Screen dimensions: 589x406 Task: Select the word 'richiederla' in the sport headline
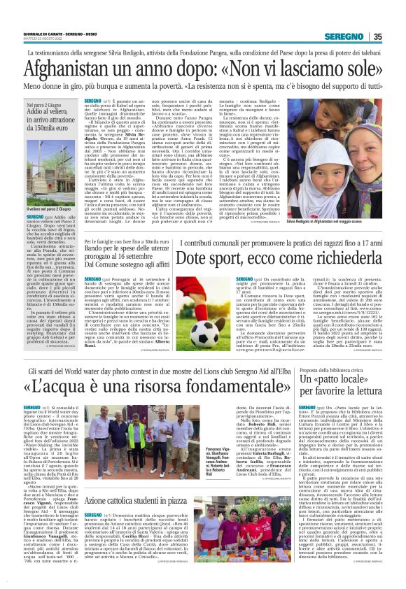(335, 257)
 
